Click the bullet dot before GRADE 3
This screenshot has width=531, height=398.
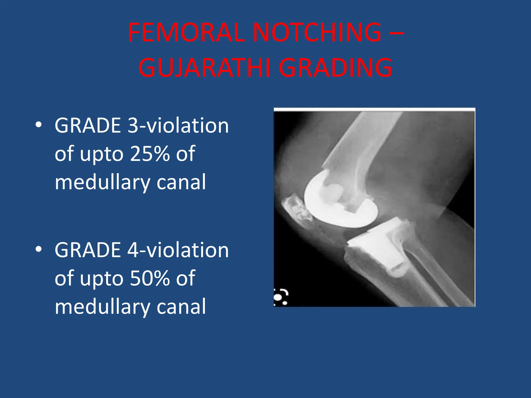pos(39,125)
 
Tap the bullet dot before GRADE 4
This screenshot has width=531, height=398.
pos(39,250)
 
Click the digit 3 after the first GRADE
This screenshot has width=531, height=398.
pos(133,126)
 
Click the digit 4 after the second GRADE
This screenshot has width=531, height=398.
pos(133,250)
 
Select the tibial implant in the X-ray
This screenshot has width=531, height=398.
pos(376,246)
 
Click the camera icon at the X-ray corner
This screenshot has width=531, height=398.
pos(281,297)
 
